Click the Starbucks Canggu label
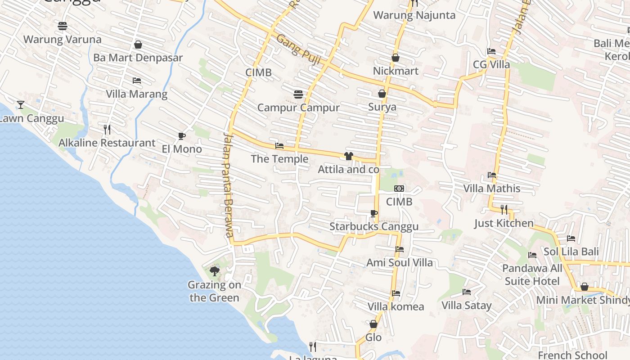click(374, 226)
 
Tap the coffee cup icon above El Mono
click(182, 136)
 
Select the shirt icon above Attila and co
click(349, 156)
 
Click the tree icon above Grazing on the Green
click(215, 271)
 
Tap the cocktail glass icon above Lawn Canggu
click(20, 105)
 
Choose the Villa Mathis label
click(492, 188)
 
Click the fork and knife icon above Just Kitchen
click(504, 209)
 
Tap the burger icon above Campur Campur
click(298, 94)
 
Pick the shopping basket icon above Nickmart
click(396, 58)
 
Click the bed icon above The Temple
click(279, 146)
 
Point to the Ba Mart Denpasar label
click(138, 58)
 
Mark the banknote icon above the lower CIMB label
click(399, 189)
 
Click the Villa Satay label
click(467, 306)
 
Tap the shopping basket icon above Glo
click(373, 324)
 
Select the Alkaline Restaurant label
click(107, 143)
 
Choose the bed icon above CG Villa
click(491, 51)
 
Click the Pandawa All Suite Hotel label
click(532, 275)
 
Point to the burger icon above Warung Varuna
click(63, 26)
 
